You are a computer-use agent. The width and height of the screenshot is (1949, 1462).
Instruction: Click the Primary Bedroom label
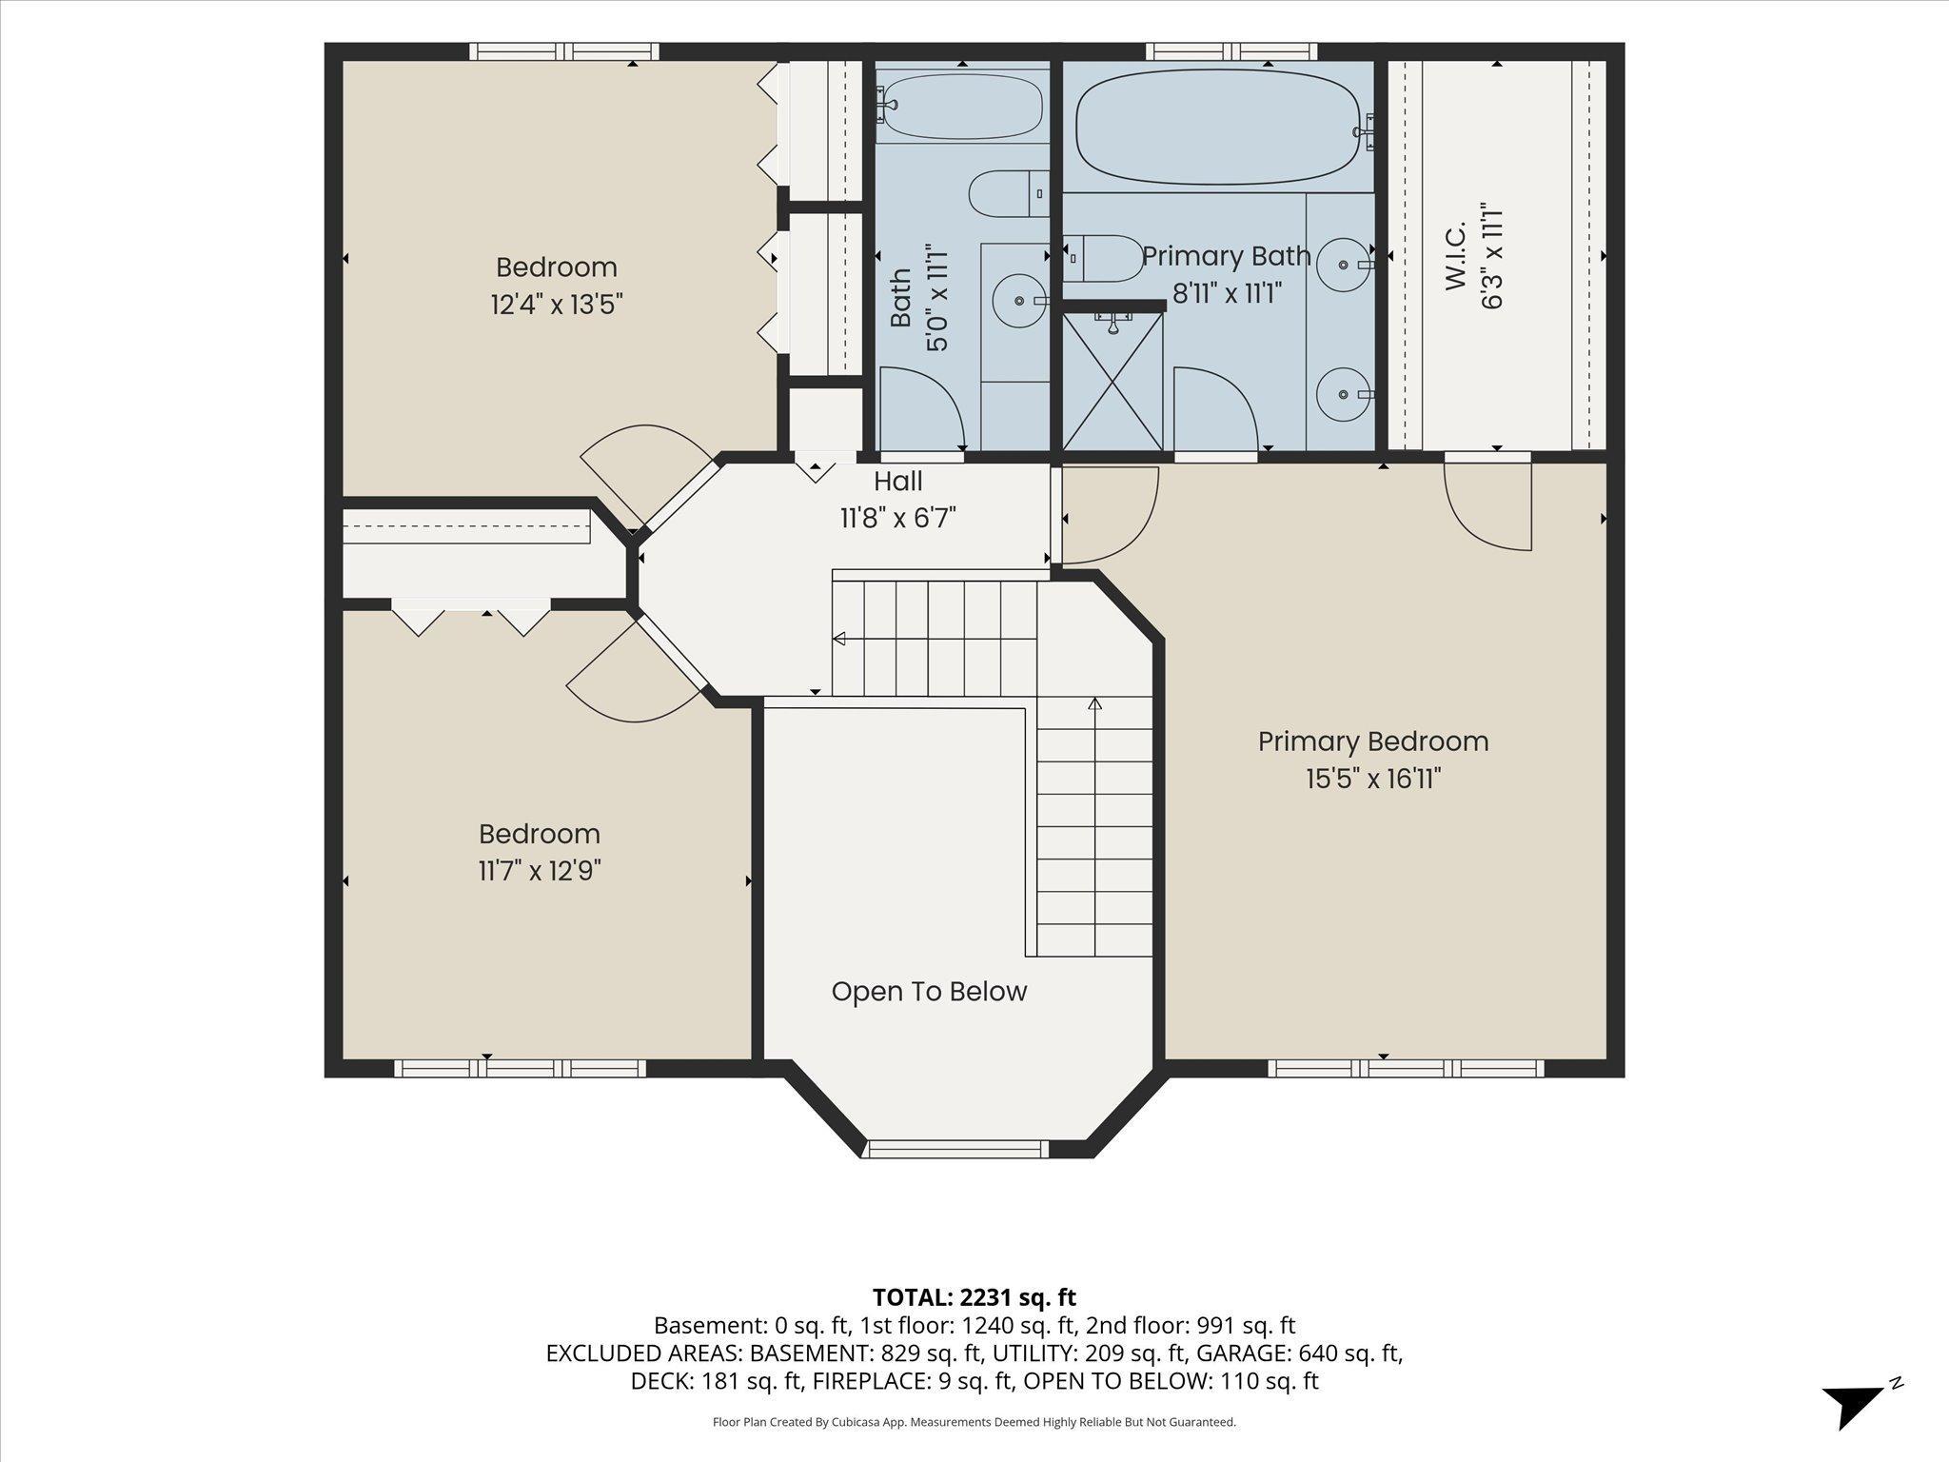[x=1373, y=741]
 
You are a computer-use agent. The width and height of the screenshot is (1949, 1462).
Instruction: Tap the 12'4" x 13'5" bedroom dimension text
[x=557, y=305]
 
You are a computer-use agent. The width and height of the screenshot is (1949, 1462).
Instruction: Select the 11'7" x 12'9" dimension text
[x=540, y=871]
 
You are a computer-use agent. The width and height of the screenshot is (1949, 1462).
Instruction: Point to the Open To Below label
[x=929, y=992]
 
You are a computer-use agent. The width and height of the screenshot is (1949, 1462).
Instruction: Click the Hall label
[x=898, y=481]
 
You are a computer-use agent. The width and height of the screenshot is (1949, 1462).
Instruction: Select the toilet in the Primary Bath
[x=1103, y=259]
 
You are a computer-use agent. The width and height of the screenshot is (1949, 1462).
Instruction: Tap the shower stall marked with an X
[x=1112, y=381]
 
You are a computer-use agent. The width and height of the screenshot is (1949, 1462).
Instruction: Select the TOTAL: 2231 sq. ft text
[x=974, y=1296]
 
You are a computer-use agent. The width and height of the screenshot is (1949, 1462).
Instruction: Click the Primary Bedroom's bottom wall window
[x=1406, y=1068]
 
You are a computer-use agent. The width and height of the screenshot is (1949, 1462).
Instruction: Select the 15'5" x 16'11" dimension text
[x=1373, y=780]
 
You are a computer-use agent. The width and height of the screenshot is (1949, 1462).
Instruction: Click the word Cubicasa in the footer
[x=858, y=1422]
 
